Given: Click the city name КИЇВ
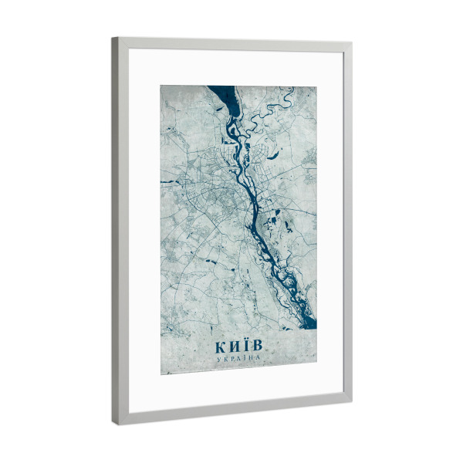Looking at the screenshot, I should click(x=238, y=345).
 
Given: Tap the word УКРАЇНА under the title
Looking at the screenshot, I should click(x=238, y=359).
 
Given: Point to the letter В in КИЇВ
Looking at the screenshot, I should click(x=256, y=344).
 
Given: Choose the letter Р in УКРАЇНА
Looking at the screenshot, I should click(x=232, y=359).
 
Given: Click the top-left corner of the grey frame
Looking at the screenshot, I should click(x=113, y=38).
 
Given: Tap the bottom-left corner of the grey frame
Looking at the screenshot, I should click(x=118, y=424).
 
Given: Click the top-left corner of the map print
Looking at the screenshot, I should click(x=161, y=85).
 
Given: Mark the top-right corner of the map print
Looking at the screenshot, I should click(x=316, y=86).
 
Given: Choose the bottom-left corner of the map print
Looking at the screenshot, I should click(x=161, y=374).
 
